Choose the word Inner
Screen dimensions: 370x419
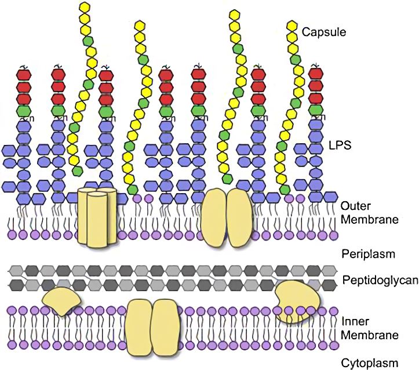(355, 322)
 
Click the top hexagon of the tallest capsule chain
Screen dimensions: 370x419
(85, 6)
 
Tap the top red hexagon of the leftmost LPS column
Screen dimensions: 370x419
(24, 75)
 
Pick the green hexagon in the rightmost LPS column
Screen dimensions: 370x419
(315, 110)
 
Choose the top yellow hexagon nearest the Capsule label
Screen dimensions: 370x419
(291, 27)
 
